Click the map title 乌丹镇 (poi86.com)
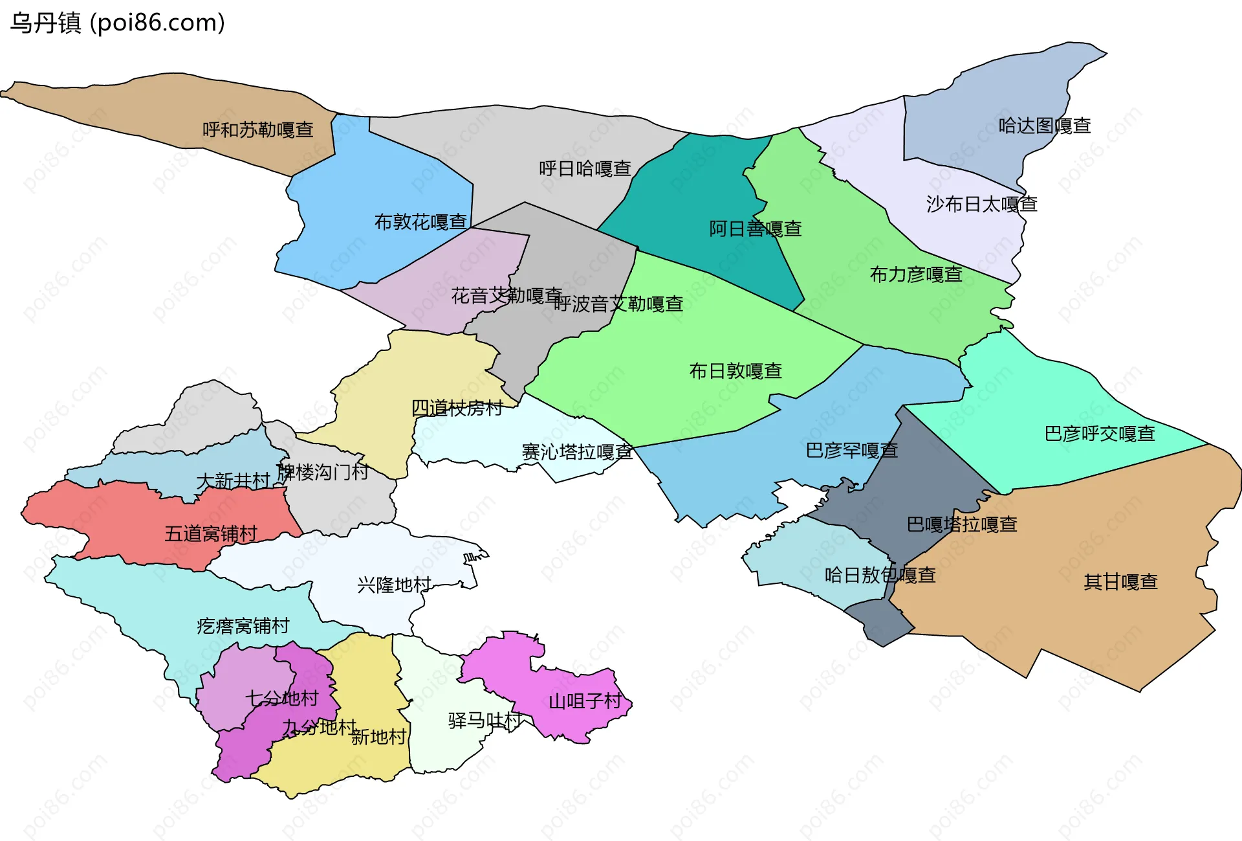coord(117,23)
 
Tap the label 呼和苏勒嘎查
coord(258,130)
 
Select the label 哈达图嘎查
coord(1045,126)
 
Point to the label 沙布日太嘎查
coord(981,205)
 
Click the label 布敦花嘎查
coord(420,222)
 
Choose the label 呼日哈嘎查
coord(585,169)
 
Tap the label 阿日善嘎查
coord(755,229)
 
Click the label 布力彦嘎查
coord(916,275)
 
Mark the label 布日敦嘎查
coord(735,371)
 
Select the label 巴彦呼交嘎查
coord(1100,433)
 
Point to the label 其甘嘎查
coord(1120,582)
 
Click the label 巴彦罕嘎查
coord(851,450)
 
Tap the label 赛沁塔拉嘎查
coord(577,452)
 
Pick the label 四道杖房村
coord(457,408)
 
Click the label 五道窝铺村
coord(211,533)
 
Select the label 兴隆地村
coord(394,585)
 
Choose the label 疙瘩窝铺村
coord(243,626)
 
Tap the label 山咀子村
coord(585,701)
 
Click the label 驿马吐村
coord(485,721)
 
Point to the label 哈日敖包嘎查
coord(880,575)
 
